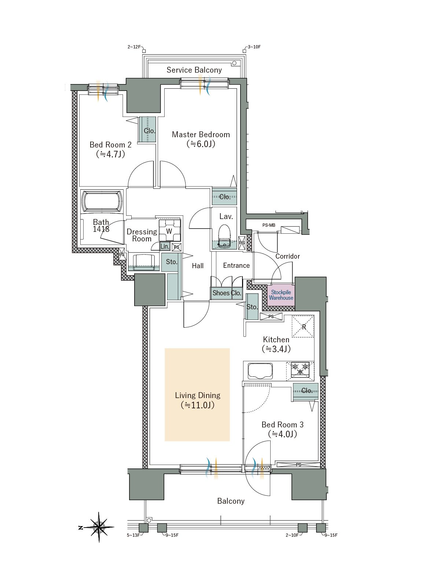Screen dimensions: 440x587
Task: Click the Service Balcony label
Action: coord(194,70)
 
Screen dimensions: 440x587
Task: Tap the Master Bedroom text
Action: coord(201,134)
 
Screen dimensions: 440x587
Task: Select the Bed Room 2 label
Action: coord(111,145)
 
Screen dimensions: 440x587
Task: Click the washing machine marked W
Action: coord(170,230)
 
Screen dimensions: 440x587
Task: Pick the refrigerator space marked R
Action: coord(303,327)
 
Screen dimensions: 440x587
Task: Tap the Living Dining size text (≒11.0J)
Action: coord(198,405)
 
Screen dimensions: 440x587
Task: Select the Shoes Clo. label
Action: coord(227,293)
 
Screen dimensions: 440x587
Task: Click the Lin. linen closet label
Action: coord(165,246)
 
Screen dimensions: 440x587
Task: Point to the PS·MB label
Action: coord(269,225)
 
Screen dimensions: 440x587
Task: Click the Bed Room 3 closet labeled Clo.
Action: coord(306,391)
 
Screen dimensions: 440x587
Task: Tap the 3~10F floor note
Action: coord(254,47)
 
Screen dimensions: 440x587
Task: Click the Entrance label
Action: coord(236,265)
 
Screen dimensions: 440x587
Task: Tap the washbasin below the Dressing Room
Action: coord(144,262)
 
